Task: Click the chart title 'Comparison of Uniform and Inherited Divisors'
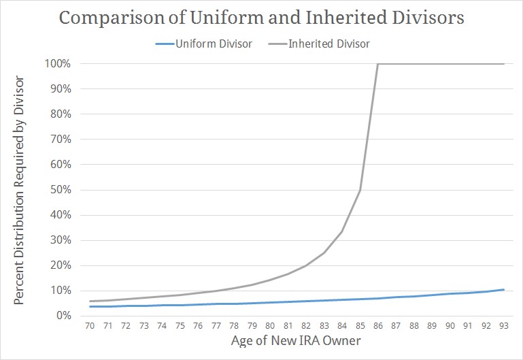point(262,18)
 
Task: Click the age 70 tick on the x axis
point(90,326)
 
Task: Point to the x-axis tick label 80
point(270,326)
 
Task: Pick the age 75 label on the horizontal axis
point(180,326)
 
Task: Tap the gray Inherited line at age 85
point(360,190)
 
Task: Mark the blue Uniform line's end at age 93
point(504,289)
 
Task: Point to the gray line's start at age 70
point(90,301)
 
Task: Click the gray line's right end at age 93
point(504,64)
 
